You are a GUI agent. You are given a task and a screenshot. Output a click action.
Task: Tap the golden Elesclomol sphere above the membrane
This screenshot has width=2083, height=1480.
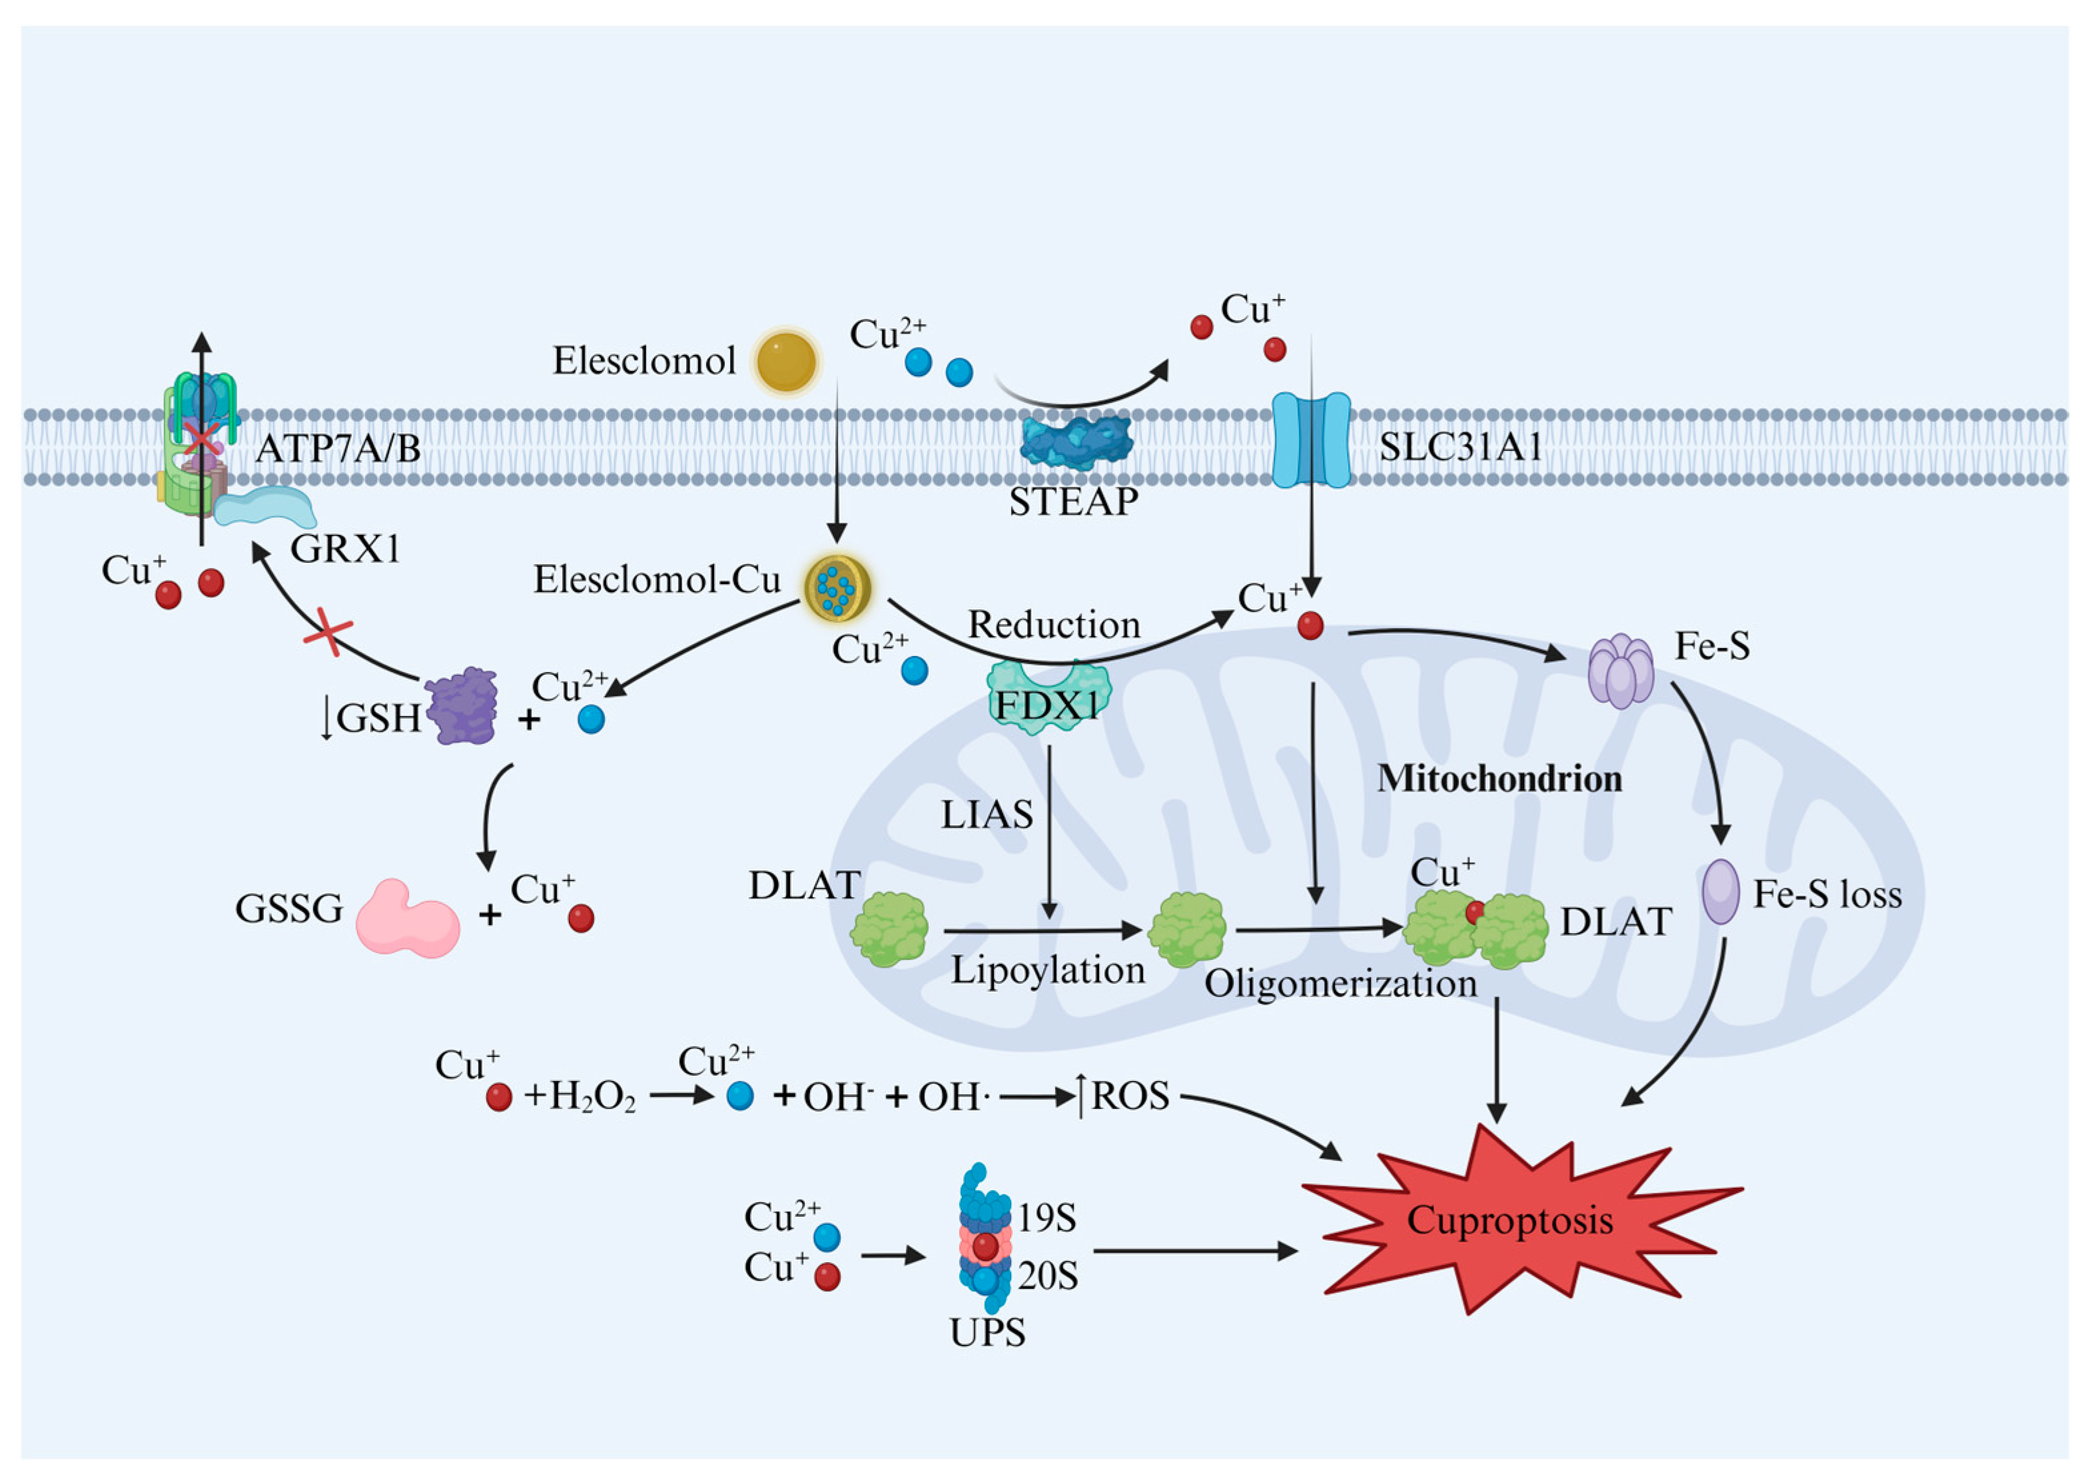tap(786, 362)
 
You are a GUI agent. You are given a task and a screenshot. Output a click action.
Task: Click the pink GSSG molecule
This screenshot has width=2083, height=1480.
tap(406, 919)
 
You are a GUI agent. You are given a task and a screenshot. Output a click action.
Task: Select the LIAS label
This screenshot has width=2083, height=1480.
tap(986, 815)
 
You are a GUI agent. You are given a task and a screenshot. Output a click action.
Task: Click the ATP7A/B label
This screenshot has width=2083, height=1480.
tap(337, 448)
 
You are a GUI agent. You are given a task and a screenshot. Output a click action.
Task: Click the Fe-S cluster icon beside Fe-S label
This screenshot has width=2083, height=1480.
tap(1621, 671)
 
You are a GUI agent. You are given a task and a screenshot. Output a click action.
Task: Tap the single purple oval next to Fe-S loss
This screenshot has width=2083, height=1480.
tap(1721, 892)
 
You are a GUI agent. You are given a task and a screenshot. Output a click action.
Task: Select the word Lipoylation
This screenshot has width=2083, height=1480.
tap(1048, 970)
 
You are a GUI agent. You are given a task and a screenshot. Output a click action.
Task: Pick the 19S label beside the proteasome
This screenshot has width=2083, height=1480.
tap(1047, 1218)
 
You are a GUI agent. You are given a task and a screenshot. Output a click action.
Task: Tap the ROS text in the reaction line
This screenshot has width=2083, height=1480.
tap(1130, 1096)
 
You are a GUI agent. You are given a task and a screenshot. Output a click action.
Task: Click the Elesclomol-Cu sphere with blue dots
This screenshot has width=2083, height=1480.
tap(837, 588)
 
